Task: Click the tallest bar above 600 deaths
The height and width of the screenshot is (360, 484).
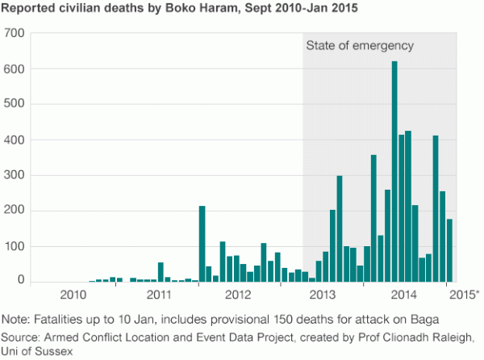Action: tap(394, 171)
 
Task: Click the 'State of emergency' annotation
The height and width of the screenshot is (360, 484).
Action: tap(360, 46)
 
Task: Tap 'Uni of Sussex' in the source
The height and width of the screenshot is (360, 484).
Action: tap(36, 349)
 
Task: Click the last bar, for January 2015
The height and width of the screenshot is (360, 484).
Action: tap(449, 250)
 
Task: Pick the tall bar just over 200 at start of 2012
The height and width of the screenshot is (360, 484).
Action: tap(202, 244)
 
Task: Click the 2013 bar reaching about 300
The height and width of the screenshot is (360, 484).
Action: tap(340, 228)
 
